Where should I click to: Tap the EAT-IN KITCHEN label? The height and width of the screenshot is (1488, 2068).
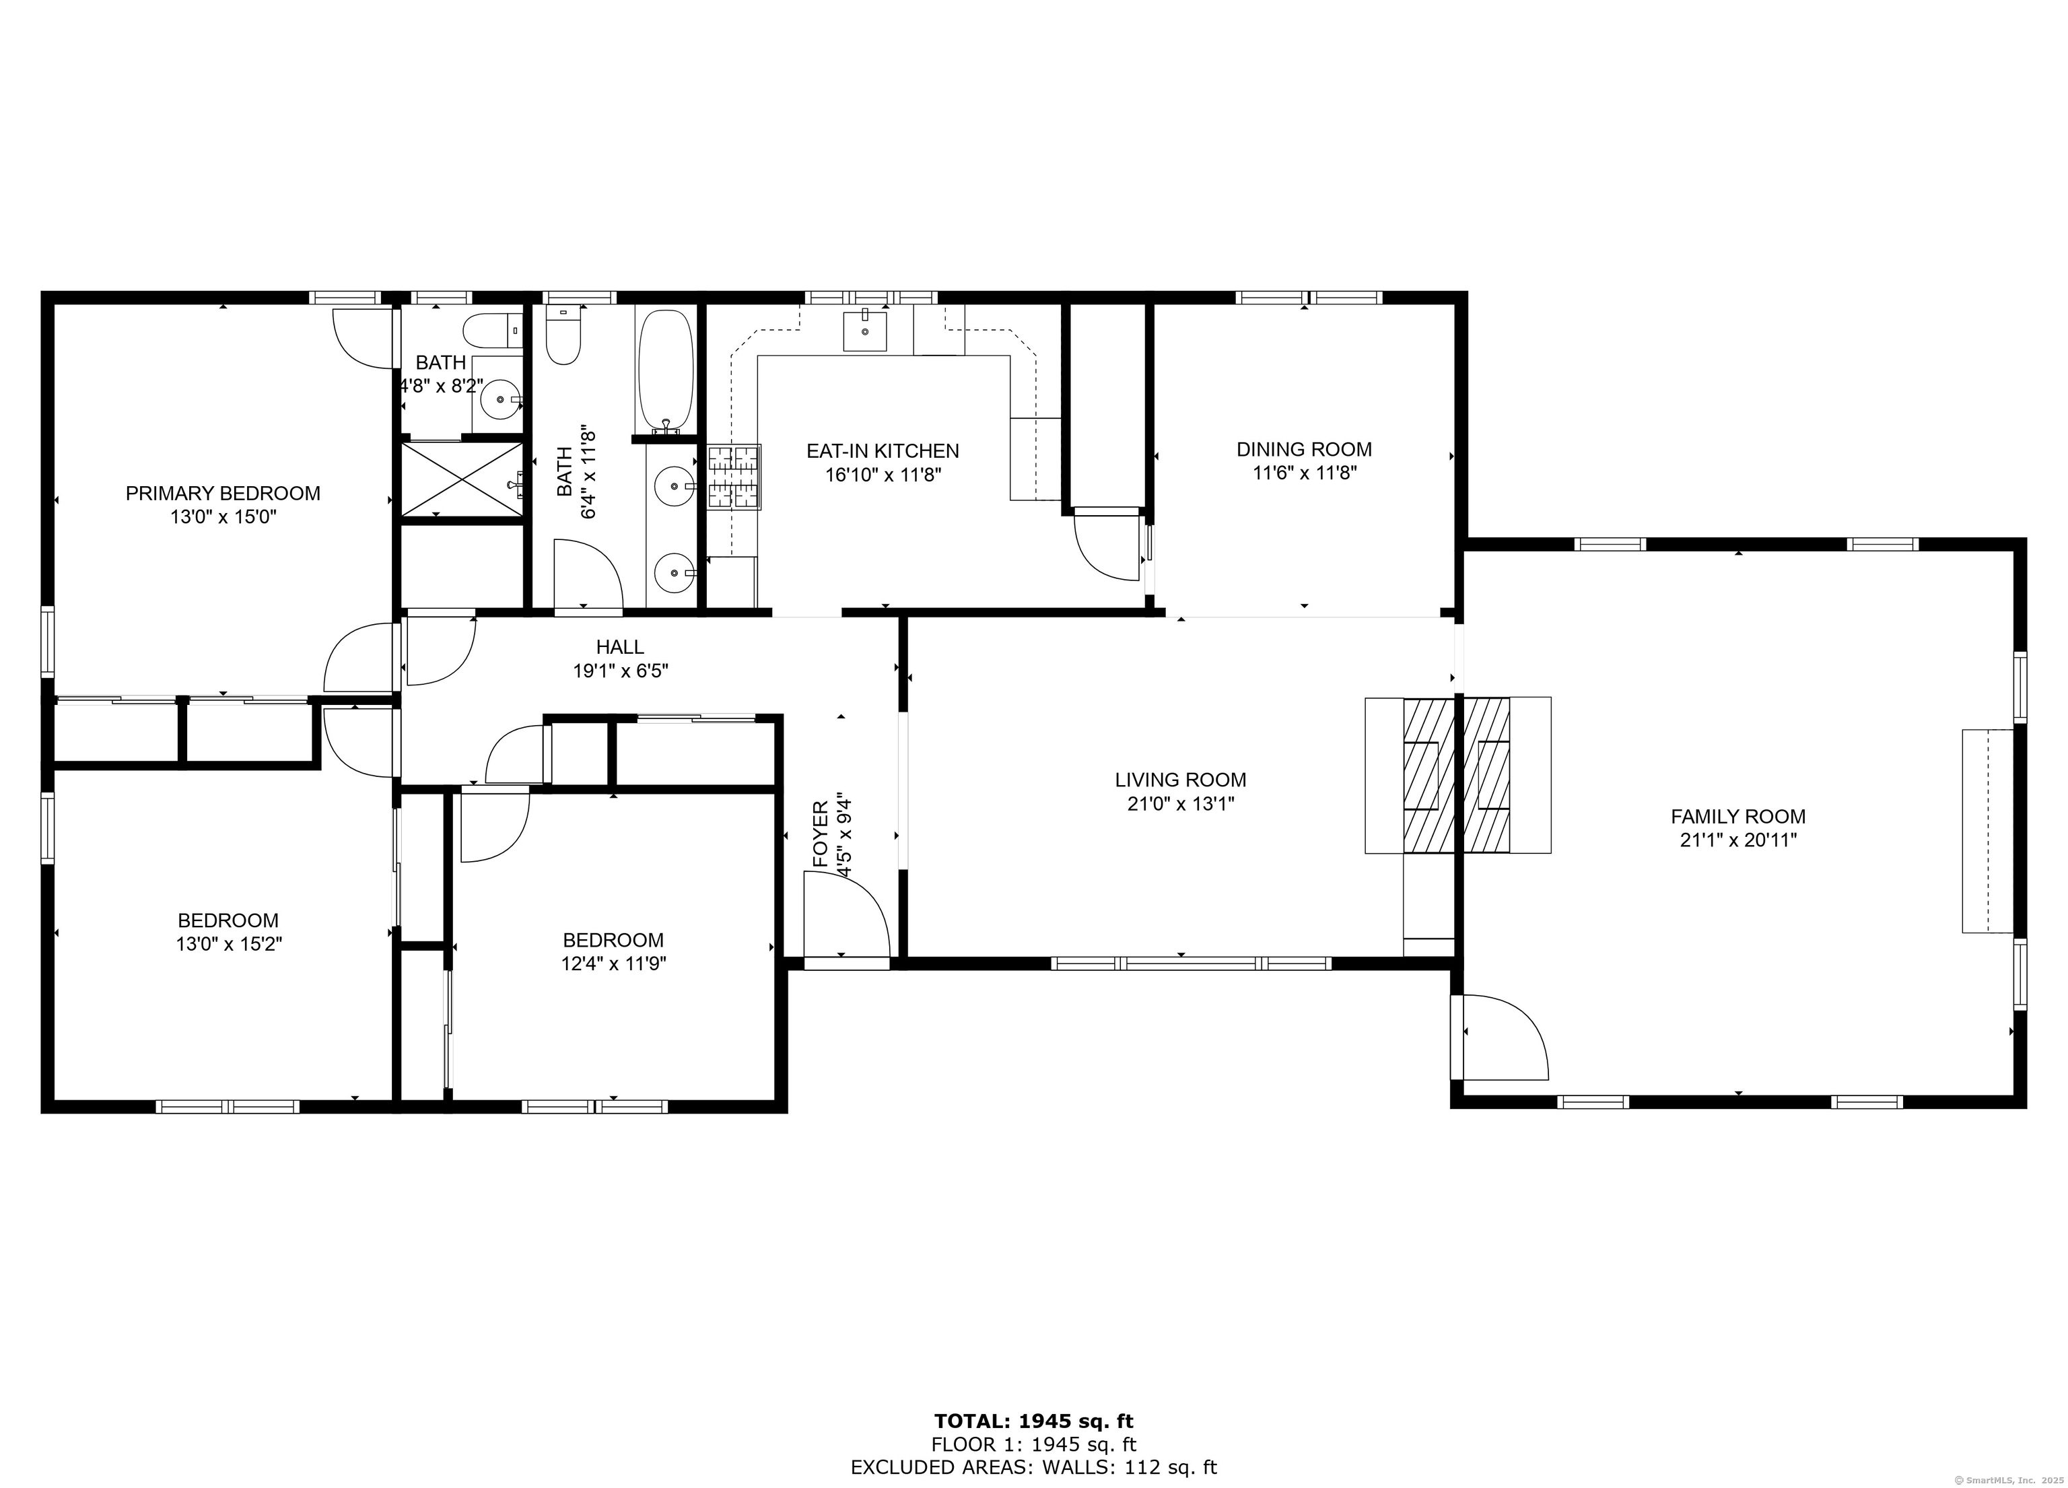883,451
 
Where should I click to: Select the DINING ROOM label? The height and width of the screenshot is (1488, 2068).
1304,450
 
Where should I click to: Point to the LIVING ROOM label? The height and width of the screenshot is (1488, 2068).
1180,780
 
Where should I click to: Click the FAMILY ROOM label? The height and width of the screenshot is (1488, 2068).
1738,817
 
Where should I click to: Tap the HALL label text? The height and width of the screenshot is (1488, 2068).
620,647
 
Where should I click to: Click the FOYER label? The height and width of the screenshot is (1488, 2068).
821,834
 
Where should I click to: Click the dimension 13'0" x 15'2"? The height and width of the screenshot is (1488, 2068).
229,945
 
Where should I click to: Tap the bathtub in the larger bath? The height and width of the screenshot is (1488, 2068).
666,371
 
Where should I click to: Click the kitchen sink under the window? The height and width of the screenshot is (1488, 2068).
864,330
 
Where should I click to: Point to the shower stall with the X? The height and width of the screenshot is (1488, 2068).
463,479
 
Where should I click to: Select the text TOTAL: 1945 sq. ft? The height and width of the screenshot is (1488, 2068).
1034,1421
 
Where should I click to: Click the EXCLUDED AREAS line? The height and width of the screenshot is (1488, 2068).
1034,1467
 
